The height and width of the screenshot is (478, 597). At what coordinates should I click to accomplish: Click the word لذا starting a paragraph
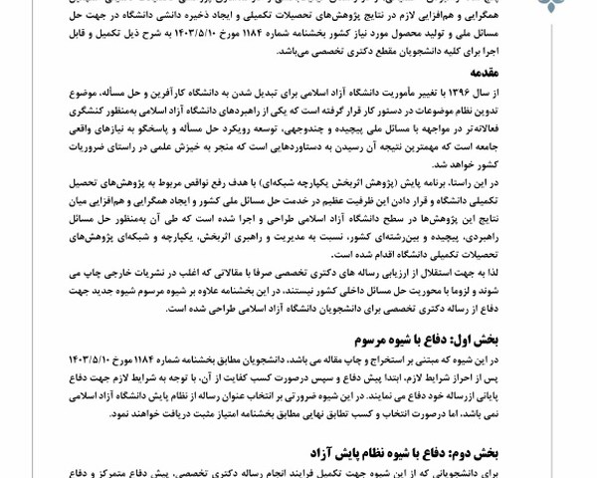click(x=535, y=269)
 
